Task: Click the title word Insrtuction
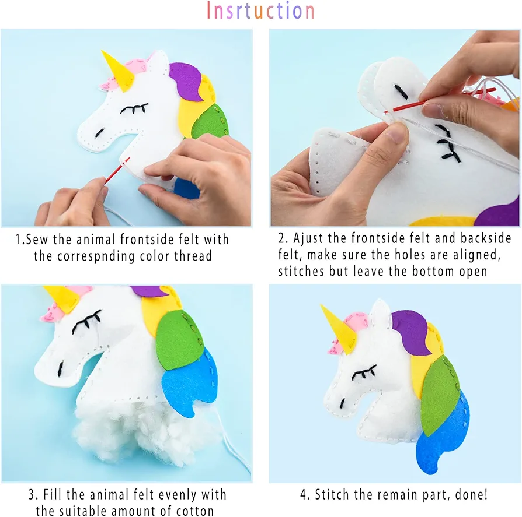click(260, 10)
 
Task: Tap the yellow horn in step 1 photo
click(118, 71)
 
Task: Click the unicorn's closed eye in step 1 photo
click(134, 108)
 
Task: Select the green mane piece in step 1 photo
click(210, 121)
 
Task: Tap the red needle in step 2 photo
click(443, 99)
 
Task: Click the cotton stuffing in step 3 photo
click(147, 432)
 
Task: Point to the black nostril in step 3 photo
click(61, 368)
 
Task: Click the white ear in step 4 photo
click(380, 315)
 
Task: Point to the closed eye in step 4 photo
click(364, 373)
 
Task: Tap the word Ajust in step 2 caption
click(308, 239)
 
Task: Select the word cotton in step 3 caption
click(195, 511)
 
